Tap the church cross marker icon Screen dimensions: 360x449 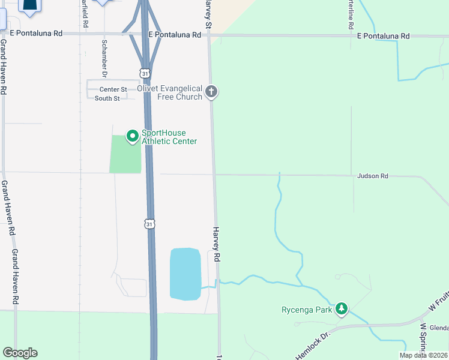[x=211, y=92]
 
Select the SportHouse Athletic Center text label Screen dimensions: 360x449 [x=169, y=137]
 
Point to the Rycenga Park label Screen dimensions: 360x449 [x=307, y=310]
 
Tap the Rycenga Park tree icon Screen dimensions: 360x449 [x=342, y=309]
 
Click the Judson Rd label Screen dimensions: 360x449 [x=372, y=176]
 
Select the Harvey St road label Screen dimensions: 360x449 [x=208, y=15]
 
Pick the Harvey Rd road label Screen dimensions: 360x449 [x=217, y=244]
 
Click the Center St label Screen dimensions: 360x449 [x=113, y=89]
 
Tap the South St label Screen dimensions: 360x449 [x=107, y=98]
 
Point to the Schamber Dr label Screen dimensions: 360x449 [x=104, y=59]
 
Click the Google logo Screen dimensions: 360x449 [x=20, y=353]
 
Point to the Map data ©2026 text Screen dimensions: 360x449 [x=424, y=355]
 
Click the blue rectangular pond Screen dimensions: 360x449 [x=185, y=274]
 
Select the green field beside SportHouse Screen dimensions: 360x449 [x=125, y=155]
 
